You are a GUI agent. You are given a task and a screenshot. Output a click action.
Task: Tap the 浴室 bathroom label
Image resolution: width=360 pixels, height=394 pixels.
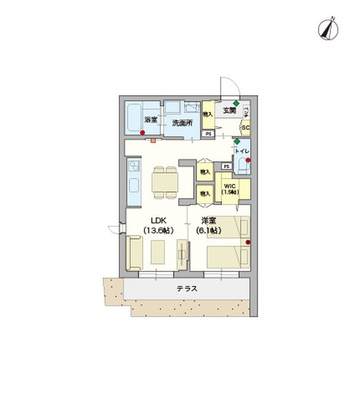pyautogui.click(x=150, y=120)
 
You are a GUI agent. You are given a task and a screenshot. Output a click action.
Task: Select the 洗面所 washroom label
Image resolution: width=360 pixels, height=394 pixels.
pyautogui.click(x=182, y=123)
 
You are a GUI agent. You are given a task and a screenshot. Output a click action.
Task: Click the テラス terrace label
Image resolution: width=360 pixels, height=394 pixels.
pyautogui.click(x=187, y=288)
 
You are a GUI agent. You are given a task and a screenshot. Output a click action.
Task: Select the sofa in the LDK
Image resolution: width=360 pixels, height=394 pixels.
pyautogui.click(x=134, y=253)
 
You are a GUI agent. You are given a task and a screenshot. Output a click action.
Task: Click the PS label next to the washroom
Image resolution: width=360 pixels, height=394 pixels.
pyautogui.click(x=208, y=135)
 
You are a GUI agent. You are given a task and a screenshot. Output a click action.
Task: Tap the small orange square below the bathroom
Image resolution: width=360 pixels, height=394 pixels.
pyautogui.click(x=152, y=141)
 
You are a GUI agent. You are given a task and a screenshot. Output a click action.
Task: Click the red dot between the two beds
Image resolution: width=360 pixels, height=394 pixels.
pyautogui.click(x=248, y=244)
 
